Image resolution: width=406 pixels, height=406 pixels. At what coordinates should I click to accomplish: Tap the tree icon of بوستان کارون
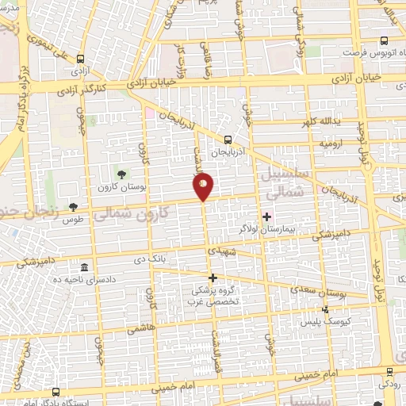click(121, 174)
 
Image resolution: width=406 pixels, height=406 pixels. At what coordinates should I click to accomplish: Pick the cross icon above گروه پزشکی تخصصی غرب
click(213, 278)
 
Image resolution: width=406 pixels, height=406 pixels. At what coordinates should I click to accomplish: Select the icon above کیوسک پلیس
click(324, 310)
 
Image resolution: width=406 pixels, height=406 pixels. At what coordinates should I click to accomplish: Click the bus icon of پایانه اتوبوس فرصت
click(384, 41)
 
